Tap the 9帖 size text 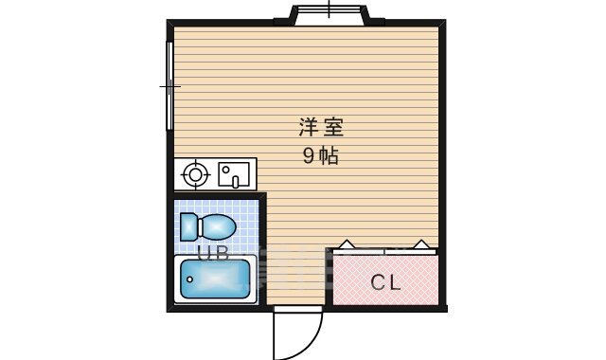[321, 155]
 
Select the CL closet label [384, 281]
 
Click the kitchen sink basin [233, 173]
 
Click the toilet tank [188, 227]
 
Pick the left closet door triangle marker [348, 244]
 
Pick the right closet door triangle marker [422, 244]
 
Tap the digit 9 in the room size [309, 155]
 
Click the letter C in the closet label [376, 281]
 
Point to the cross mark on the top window [328, 9]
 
